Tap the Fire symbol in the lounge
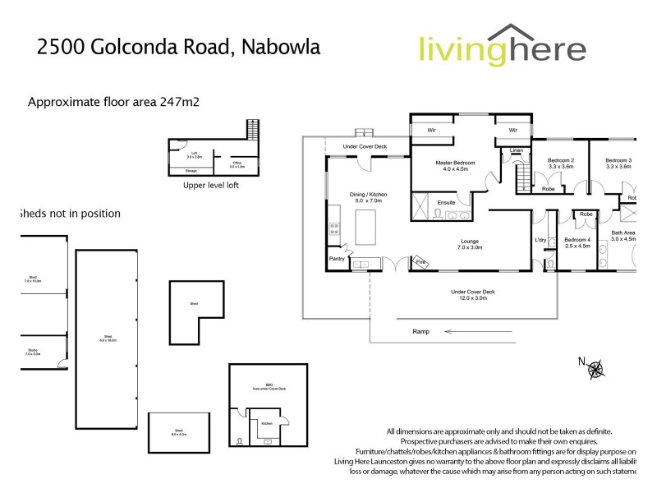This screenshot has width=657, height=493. [420, 263]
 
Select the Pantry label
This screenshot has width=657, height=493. [337, 259]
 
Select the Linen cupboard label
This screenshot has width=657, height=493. [517, 150]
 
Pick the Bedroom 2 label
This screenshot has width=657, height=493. [561, 159]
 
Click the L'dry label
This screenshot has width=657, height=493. [540, 240]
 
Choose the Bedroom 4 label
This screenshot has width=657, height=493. [577, 241]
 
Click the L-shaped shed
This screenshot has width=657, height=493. [195, 304]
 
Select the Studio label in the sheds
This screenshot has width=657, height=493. [34, 351]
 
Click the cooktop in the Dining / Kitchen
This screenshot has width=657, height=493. [335, 229]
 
